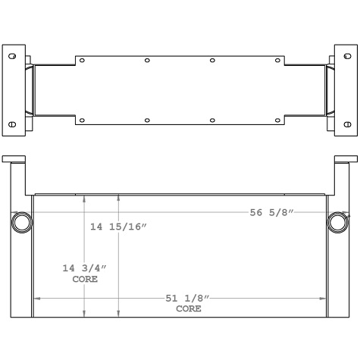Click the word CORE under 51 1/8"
coord(189,309)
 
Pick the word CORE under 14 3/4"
coord(84,279)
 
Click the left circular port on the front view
coord(22,222)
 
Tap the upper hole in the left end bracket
coord(12,58)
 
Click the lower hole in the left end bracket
coord(12,124)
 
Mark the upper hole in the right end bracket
coord(348,58)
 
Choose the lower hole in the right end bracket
coord(348,124)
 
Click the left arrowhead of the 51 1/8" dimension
coord(36,299)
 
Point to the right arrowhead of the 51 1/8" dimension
coord(324,299)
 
